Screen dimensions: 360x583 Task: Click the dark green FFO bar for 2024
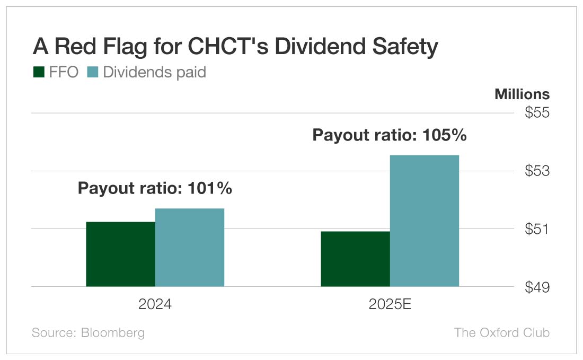(x=120, y=254)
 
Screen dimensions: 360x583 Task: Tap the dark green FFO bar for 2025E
(x=355, y=259)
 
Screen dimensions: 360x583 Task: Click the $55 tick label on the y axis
(x=537, y=113)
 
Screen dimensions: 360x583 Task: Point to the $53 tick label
(x=537, y=171)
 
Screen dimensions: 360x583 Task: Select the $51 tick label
(x=537, y=229)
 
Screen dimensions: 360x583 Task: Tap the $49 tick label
(x=537, y=287)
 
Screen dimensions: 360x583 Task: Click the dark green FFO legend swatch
(x=39, y=72)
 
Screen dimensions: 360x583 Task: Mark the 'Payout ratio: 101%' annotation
(x=155, y=188)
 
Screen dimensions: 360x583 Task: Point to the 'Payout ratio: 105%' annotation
(x=390, y=135)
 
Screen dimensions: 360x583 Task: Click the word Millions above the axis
(x=522, y=94)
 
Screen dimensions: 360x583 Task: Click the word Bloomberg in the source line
(x=112, y=332)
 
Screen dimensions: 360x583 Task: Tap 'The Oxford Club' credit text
(x=501, y=332)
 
